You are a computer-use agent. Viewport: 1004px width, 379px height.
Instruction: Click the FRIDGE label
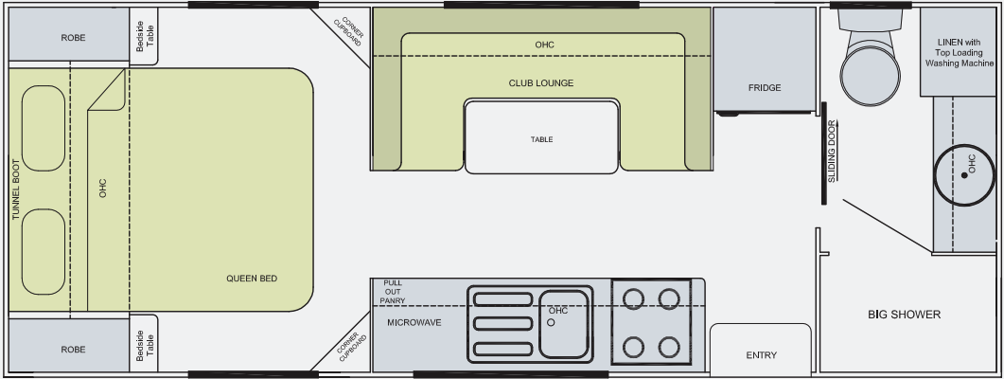(765, 88)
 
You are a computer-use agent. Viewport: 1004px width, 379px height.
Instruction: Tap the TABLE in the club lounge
(541, 139)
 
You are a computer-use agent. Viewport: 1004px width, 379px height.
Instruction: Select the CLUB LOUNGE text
(541, 83)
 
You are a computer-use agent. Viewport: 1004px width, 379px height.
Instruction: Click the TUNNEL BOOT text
(15, 189)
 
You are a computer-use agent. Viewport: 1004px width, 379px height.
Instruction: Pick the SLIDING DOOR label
(832, 152)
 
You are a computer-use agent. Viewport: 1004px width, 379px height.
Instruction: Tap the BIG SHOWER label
(904, 315)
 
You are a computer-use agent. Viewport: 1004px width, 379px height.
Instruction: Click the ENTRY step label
(761, 355)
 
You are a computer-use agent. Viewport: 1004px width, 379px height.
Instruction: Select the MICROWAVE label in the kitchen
(414, 323)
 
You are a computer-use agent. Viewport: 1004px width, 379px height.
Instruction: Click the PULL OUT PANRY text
(393, 292)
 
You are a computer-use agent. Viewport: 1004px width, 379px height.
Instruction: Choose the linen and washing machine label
(959, 54)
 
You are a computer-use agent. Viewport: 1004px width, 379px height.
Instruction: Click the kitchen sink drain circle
(550, 323)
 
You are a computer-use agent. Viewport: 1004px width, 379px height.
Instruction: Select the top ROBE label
(73, 39)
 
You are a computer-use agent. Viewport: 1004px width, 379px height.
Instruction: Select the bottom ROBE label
(73, 350)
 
